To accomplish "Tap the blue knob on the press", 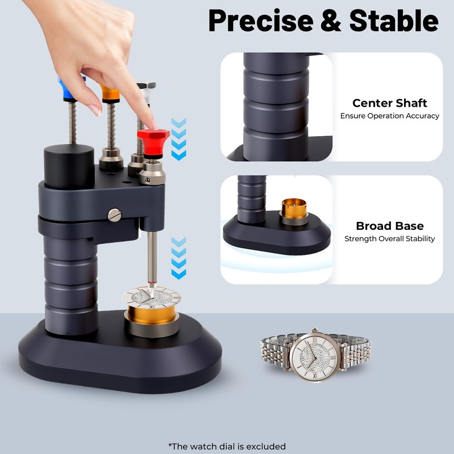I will (71, 85).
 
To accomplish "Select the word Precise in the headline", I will (269, 21).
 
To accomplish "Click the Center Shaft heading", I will (389, 103).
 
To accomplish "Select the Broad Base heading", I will (389, 226).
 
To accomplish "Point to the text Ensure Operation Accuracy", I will (389, 116).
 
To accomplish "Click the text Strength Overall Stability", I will (389, 239).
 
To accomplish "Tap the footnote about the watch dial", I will (227, 446).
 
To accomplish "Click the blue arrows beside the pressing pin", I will (179, 258).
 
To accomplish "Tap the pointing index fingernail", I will (150, 121).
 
